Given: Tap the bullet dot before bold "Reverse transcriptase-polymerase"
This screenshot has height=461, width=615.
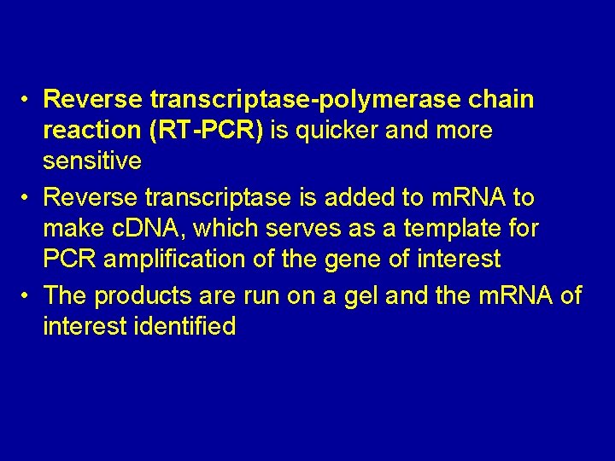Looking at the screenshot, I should [x=27, y=100].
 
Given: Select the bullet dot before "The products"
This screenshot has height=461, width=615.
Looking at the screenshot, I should [x=27, y=295].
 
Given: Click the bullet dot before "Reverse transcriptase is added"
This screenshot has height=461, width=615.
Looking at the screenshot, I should [x=27, y=197].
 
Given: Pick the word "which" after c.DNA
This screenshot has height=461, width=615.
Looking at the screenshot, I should [x=223, y=230].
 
